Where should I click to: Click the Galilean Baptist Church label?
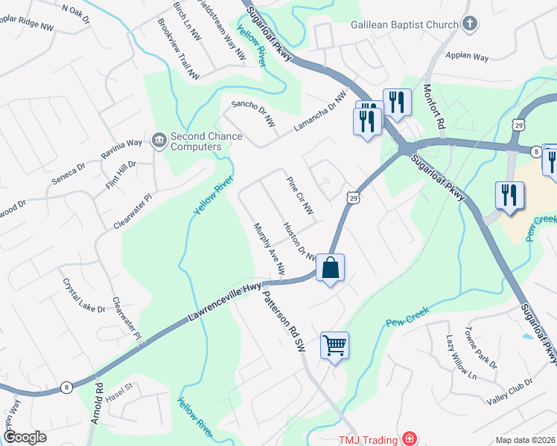[x=404, y=25]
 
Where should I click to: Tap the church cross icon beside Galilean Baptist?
[x=469, y=25]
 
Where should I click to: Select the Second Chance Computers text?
[x=197, y=141]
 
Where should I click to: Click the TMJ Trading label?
[x=368, y=439]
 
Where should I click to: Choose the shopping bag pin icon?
[x=331, y=268]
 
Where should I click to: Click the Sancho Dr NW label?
[x=249, y=112]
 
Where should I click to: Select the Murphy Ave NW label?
[x=269, y=248]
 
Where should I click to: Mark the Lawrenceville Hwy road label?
[x=226, y=300]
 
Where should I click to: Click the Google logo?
[x=25, y=437]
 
